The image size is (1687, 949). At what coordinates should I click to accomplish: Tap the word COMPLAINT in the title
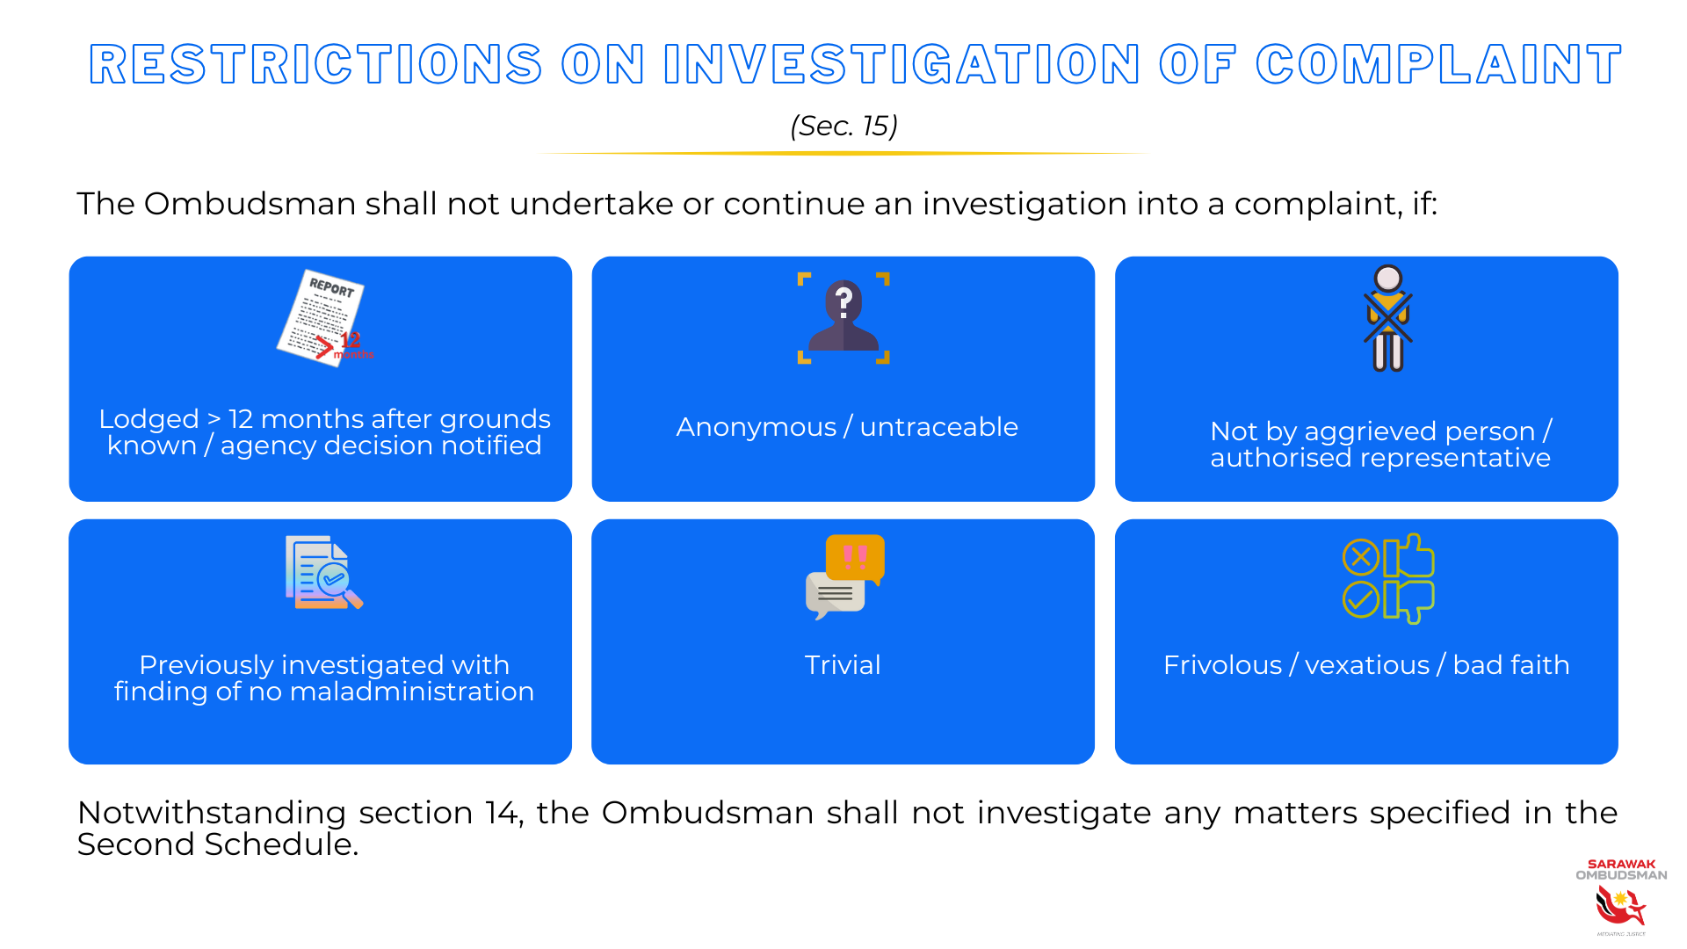pos(1438,65)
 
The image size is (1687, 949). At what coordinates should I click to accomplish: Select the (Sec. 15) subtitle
pos(843,126)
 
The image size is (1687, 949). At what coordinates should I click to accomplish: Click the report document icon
pos(322,316)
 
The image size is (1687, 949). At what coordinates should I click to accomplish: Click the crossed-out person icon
pos(1388,318)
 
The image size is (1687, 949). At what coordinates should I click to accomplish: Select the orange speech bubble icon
pos(855,558)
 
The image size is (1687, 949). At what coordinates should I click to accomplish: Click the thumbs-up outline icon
pos(1409,555)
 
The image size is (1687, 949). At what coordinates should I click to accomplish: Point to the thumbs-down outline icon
pos(1409,602)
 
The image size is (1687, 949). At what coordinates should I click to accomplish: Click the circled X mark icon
pos(1361,557)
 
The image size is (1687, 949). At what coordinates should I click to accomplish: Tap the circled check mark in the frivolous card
pos(1361,600)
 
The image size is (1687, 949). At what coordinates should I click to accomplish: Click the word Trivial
pos(843,665)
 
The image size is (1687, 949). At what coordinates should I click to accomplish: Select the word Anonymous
pos(756,427)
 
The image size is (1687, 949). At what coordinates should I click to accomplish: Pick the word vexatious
pos(1367,665)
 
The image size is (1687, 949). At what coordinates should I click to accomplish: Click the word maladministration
pos(411,692)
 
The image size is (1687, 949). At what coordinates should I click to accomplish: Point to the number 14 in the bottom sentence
pos(503,813)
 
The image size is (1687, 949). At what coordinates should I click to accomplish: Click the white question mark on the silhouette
pos(843,302)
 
